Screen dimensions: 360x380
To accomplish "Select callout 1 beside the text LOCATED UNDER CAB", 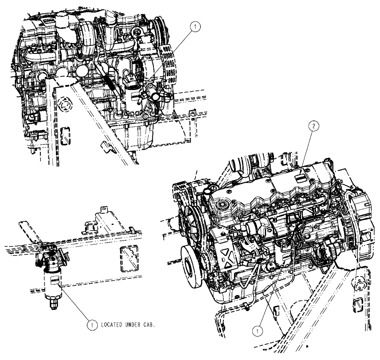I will [91, 325].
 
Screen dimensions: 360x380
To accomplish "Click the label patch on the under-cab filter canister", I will [54, 279].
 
